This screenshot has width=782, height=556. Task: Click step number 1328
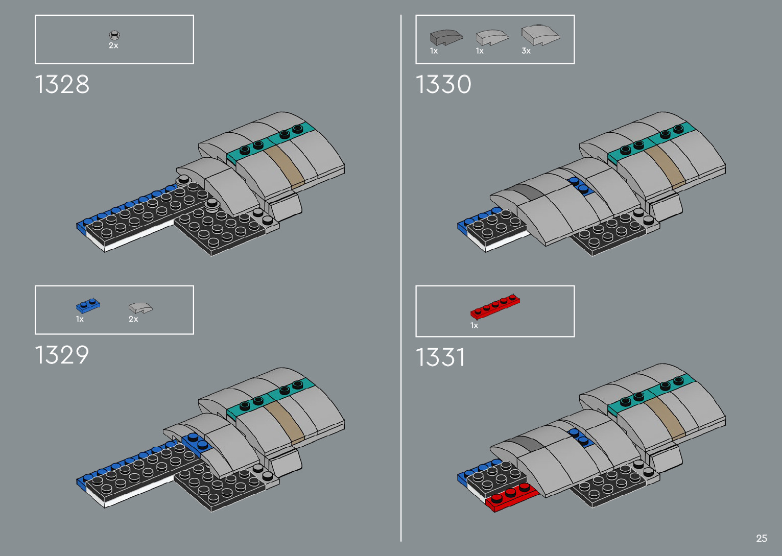[62, 85]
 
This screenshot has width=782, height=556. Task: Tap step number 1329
[62, 355]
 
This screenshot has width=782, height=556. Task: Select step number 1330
[443, 85]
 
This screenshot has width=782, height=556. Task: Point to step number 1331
[440, 357]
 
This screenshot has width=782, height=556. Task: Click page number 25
[761, 538]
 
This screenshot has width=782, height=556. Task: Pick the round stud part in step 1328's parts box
[114, 35]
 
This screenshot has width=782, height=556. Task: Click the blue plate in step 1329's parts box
[88, 305]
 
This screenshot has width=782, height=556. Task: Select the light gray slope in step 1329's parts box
[140, 308]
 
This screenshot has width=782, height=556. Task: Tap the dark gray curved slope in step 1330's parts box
[445, 37]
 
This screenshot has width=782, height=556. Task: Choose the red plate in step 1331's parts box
[495, 306]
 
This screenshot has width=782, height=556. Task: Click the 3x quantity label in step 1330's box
[526, 51]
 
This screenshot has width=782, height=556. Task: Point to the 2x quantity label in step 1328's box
[113, 45]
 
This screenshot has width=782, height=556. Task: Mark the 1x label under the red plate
[474, 326]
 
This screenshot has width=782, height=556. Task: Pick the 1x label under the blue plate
[80, 319]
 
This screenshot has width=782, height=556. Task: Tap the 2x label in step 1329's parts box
[133, 319]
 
